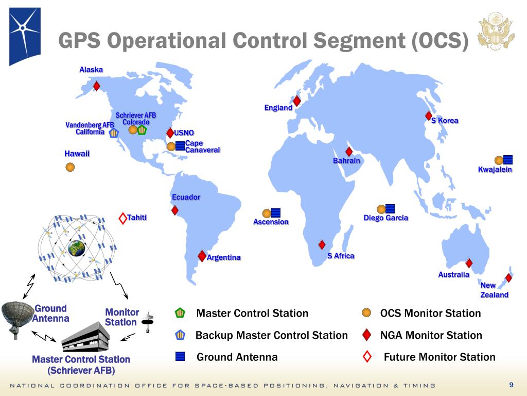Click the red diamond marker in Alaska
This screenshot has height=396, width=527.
[x=96, y=86]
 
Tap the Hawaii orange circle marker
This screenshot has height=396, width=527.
[x=71, y=167]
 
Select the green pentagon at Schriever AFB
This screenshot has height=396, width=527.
[x=142, y=130]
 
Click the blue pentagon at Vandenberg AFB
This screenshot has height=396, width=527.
[x=114, y=133]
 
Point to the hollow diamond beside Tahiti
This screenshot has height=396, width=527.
[x=122, y=218]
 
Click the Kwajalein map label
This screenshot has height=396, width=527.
[x=495, y=170]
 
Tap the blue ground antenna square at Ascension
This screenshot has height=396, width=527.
[x=276, y=212]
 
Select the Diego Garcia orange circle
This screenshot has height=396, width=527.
[x=381, y=209]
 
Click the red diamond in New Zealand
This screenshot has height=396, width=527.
[x=508, y=278]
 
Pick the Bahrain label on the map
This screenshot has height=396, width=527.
[x=346, y=161]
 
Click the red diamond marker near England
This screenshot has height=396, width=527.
[x=296, y=101]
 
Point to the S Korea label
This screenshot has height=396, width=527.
[x=445, y=121]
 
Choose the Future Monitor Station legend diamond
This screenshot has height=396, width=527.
[x=367, y=357]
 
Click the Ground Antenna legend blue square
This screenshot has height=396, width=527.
[x=180, y=357]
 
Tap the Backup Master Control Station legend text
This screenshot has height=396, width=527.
[x=272, y=335]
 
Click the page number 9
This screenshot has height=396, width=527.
[x=511, y=385]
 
